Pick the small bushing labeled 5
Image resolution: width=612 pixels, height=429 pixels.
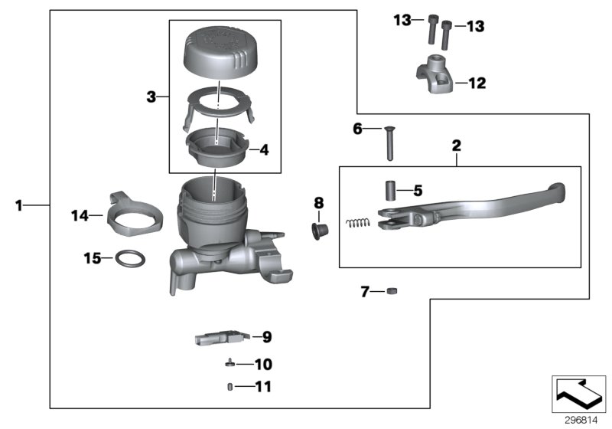[x=389, y=190]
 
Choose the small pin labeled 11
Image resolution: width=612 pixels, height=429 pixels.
[x=228, y=387]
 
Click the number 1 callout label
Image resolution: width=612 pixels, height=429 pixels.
[x=19, y=205]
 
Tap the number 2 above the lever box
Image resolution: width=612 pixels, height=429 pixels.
[x=456, y=145]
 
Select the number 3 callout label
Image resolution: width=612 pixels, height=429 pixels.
[x=151, y=97]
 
